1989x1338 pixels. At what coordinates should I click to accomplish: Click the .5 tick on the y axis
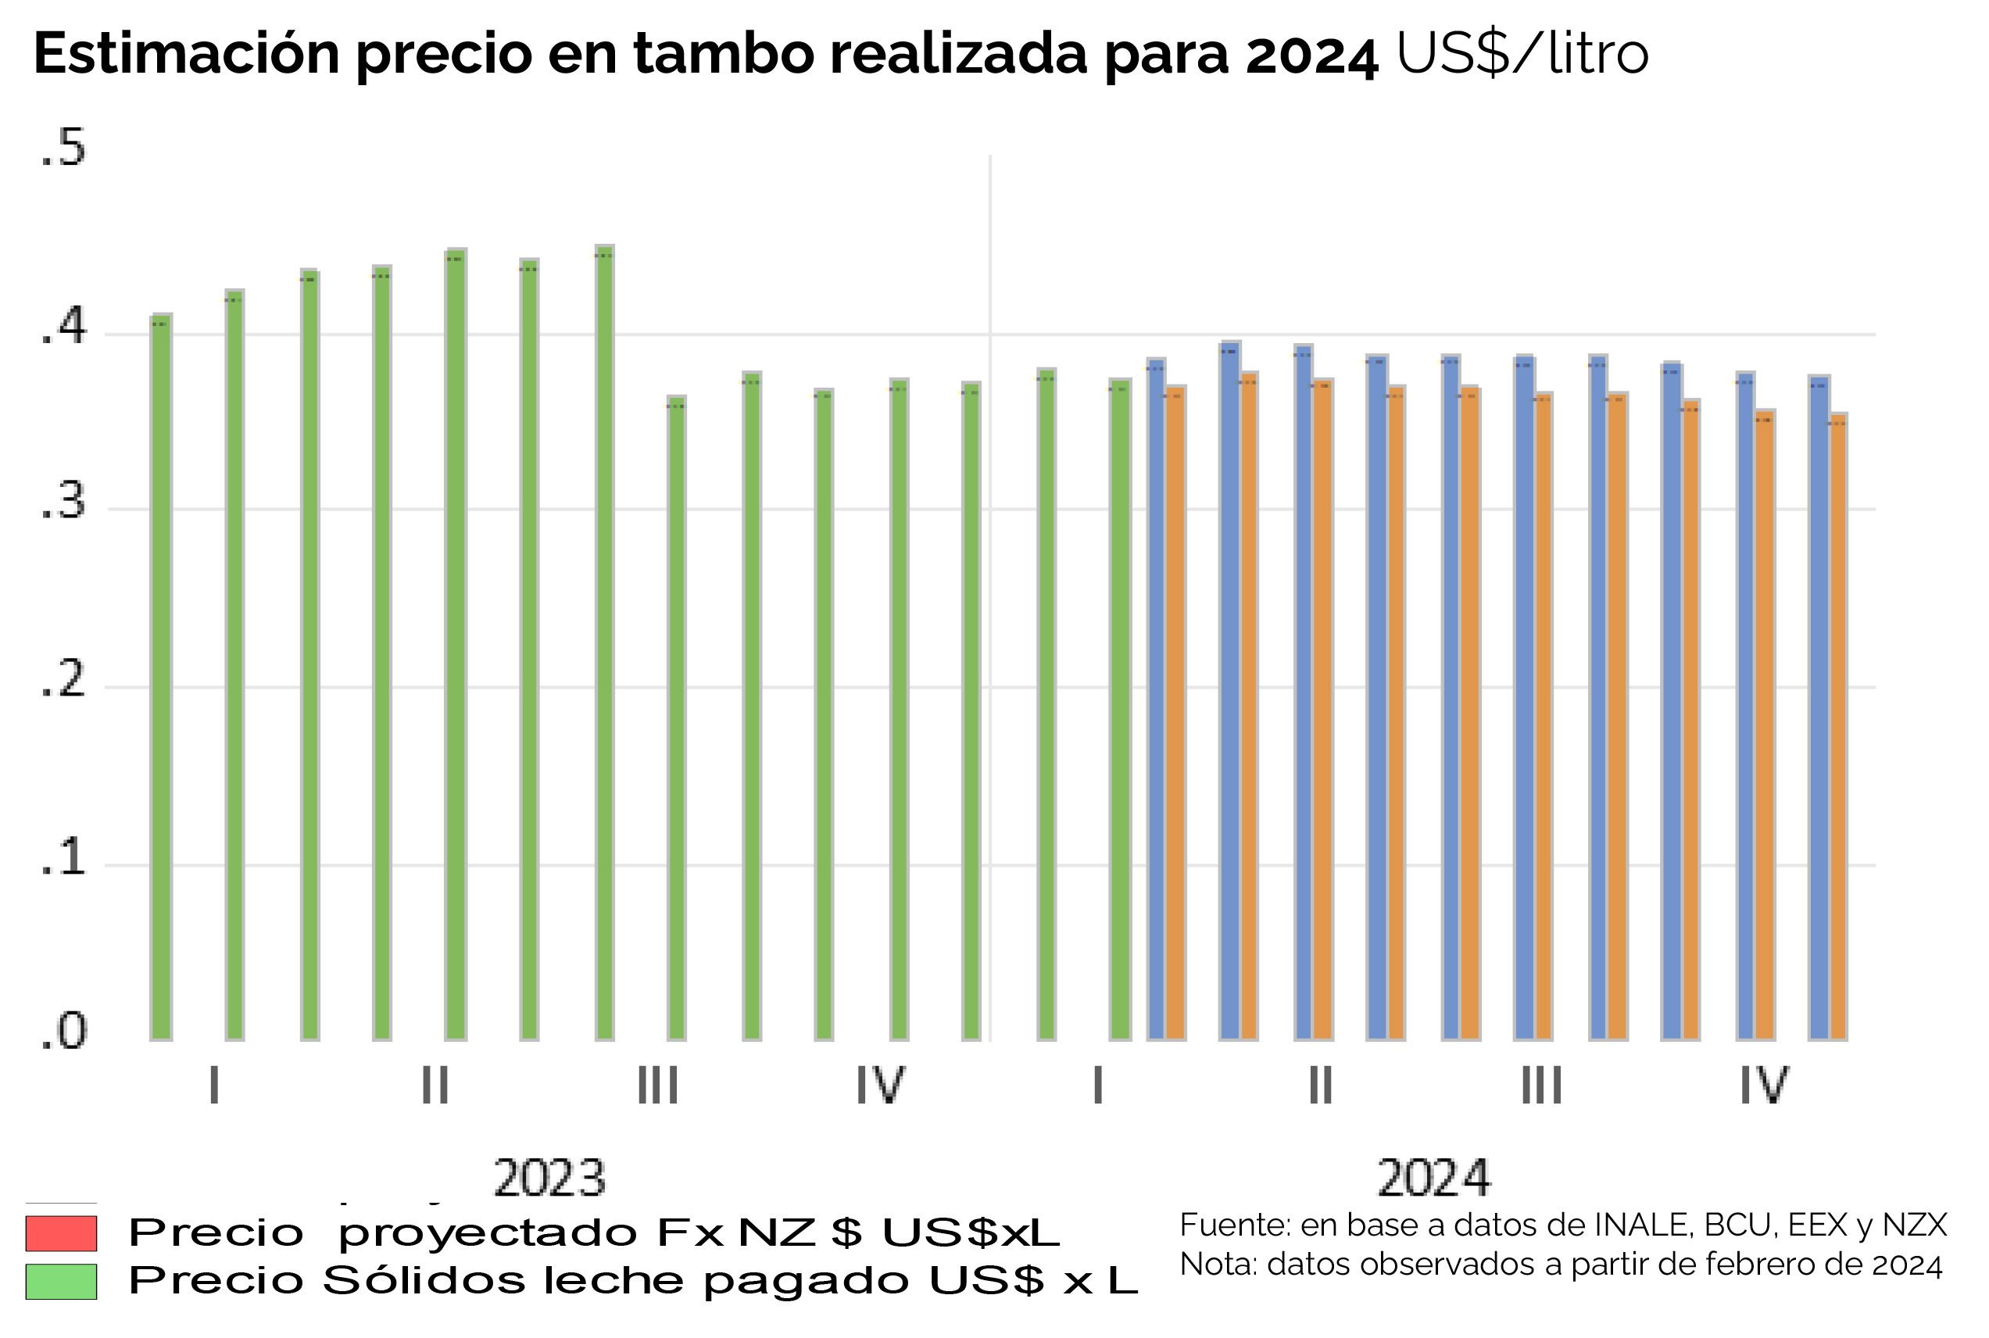tap(63, 148)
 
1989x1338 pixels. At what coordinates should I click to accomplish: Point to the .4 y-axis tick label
tap(63, 326)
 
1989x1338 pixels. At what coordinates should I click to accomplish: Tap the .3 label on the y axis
tap(63, 502)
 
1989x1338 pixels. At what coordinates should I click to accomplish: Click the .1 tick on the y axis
tap(63, 857)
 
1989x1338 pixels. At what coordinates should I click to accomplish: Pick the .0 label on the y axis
tap(63, 1032)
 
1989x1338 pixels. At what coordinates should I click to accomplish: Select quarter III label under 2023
tap(658, 1086)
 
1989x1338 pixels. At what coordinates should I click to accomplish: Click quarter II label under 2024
tap(1321, 1086)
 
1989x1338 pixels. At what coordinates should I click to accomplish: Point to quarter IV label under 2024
tap(1764, 1086)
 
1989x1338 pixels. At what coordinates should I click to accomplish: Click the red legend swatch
tap(61, 1233)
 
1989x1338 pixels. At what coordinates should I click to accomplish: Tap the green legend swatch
tap(61, 1282)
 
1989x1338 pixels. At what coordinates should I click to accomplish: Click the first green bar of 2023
tap(160, 682)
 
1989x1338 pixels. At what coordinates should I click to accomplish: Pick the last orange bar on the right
tap(1838, 725)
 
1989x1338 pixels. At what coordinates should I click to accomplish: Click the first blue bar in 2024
tap(1155, 699)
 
